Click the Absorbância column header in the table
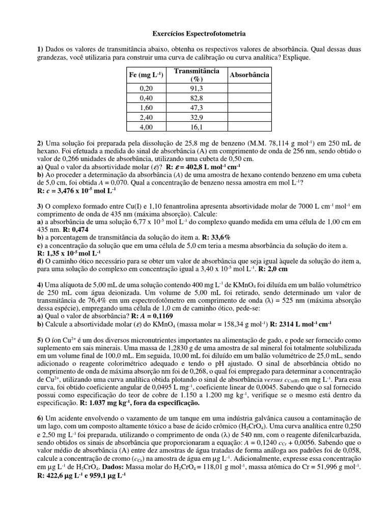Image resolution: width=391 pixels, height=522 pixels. point(249,75)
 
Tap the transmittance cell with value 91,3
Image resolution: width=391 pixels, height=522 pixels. point(196,88)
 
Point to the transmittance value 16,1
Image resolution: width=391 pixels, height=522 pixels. point(196,127)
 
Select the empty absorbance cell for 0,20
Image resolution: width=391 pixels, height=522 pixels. point(249,88)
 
